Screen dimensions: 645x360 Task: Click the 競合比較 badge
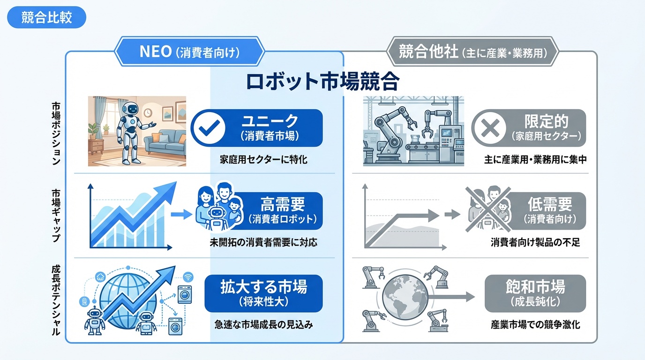point(47,17)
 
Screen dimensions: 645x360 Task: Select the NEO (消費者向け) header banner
point(189,52)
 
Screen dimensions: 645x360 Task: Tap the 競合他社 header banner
point(472,52)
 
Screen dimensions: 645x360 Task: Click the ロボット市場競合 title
point(323,82)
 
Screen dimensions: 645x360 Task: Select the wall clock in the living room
point(148,112)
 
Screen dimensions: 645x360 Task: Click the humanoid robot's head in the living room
point(130,109)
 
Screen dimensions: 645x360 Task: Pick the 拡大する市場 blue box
point(263,293)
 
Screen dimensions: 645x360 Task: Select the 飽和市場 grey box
point(535,293)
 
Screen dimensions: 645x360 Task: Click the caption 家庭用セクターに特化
point(263,159)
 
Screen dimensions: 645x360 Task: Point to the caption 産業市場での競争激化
point(535,324)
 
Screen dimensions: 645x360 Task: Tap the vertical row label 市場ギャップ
point(56,216)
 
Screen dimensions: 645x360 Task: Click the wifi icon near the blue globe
point(188,277)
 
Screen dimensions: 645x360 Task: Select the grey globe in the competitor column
point(405,297)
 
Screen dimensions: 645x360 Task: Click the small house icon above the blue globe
point(100,277)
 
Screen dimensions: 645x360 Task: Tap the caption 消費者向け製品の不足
point(535,242)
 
